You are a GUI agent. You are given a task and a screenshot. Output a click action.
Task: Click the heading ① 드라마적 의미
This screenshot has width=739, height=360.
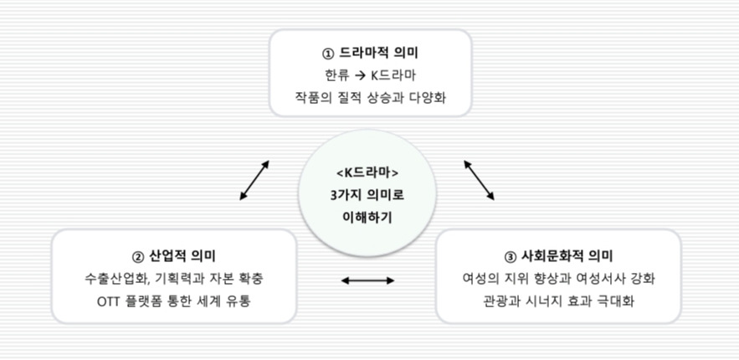pos(369,53)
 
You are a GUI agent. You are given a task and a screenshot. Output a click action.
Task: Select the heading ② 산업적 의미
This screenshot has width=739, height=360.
pos(173,255)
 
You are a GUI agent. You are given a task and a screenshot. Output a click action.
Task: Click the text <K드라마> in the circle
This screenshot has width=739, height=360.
pos(368,173)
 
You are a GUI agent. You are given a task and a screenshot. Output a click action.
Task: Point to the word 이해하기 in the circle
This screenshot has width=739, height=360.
pos(368,216)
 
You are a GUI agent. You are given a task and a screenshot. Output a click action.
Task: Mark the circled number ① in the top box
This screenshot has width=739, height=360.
pos(327,54)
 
